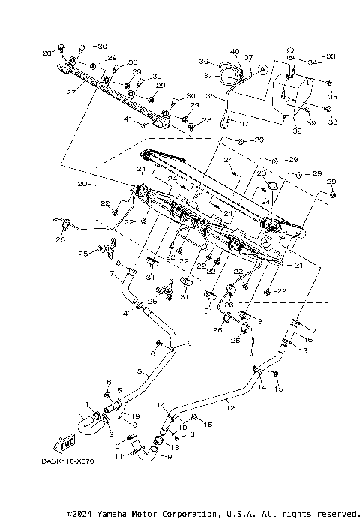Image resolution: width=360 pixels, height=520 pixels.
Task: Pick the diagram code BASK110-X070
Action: pyautogui.click(x=67, y=464)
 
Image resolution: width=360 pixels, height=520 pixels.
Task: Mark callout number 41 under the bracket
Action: pyautogui.click(x=127, y=120)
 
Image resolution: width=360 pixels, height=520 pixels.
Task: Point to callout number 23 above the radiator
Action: pyautogui.click(x=262, y=172)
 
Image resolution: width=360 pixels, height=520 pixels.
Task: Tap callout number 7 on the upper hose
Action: pyautogui.click(x=114, y=275)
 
